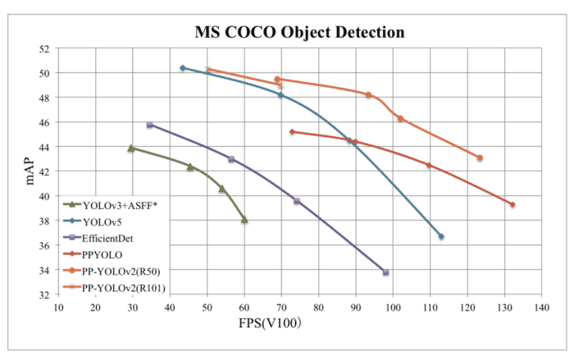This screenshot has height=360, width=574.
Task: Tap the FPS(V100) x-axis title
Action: pos(271,324)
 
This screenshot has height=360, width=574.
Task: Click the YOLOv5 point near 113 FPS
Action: pos(441,236)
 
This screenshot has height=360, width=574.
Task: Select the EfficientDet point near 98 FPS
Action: pos(385,271)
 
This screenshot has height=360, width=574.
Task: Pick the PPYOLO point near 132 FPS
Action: pos(512,205)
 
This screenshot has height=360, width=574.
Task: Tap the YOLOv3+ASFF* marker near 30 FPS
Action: pos(131,148)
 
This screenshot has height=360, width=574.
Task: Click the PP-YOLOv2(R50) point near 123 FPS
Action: pos(480,157)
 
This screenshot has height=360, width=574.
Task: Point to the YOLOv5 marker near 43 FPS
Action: pos(182,68)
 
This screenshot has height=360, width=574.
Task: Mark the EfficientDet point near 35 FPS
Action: pos(150,125)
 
